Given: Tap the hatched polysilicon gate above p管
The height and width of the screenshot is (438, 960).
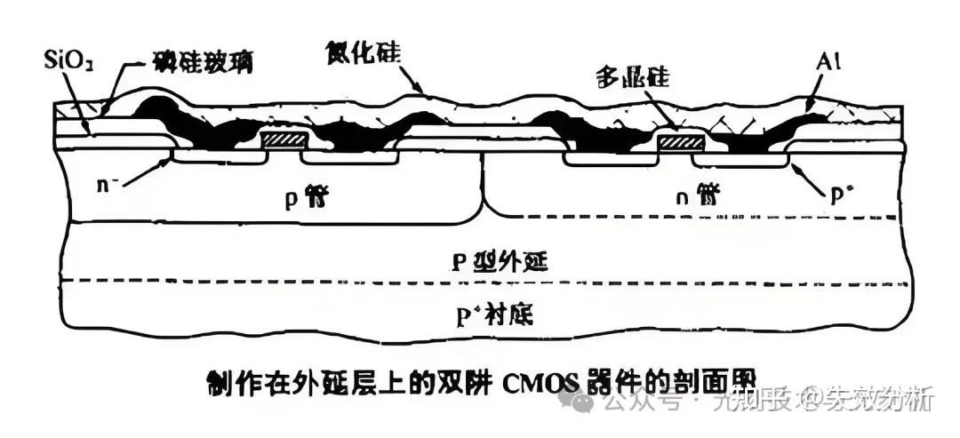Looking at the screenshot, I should (x=284, y=141).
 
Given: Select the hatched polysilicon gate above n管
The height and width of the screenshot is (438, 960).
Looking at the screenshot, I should (x=680, y=141).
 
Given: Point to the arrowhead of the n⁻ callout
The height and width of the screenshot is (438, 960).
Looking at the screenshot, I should (x=172, y=160).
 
